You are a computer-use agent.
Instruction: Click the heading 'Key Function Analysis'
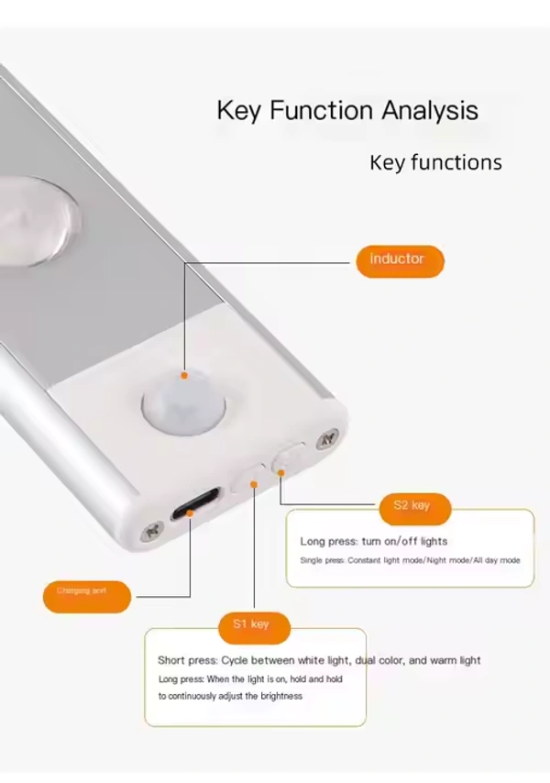click(347, 111)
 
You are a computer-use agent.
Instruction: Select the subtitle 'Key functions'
click(435, 163)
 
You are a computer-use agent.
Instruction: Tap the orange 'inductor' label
click(398, 259)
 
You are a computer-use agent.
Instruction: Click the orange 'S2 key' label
click(411, 505)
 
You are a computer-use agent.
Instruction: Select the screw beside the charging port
click(150, 531)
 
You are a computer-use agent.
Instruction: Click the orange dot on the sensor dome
click(184, 374)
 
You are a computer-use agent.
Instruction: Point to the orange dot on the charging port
click(189, 514)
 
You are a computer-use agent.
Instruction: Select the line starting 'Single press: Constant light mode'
click(410, 560)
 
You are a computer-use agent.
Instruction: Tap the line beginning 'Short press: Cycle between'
click(318, 660)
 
